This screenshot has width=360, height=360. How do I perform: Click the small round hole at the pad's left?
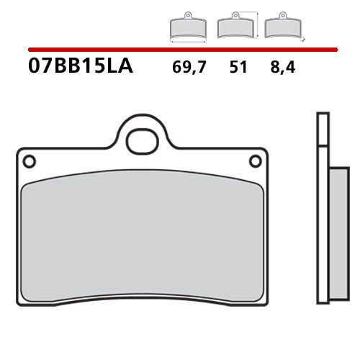(30, 161)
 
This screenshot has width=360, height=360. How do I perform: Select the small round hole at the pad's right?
(255, 161)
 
